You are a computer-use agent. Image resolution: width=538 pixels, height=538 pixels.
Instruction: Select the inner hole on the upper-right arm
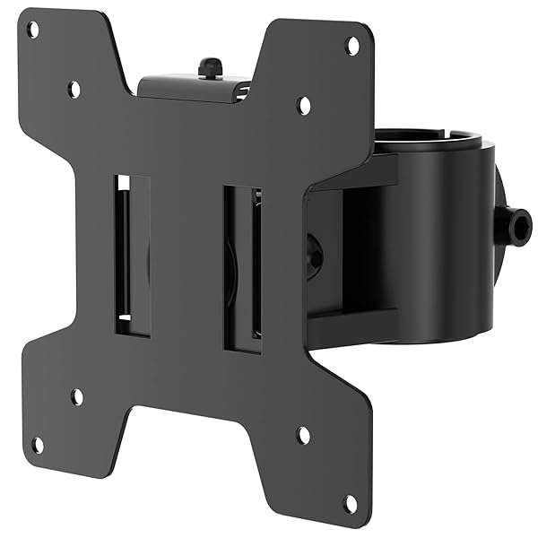(304, 106)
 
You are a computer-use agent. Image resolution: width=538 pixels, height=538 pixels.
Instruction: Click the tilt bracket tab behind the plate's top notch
(193, 85)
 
